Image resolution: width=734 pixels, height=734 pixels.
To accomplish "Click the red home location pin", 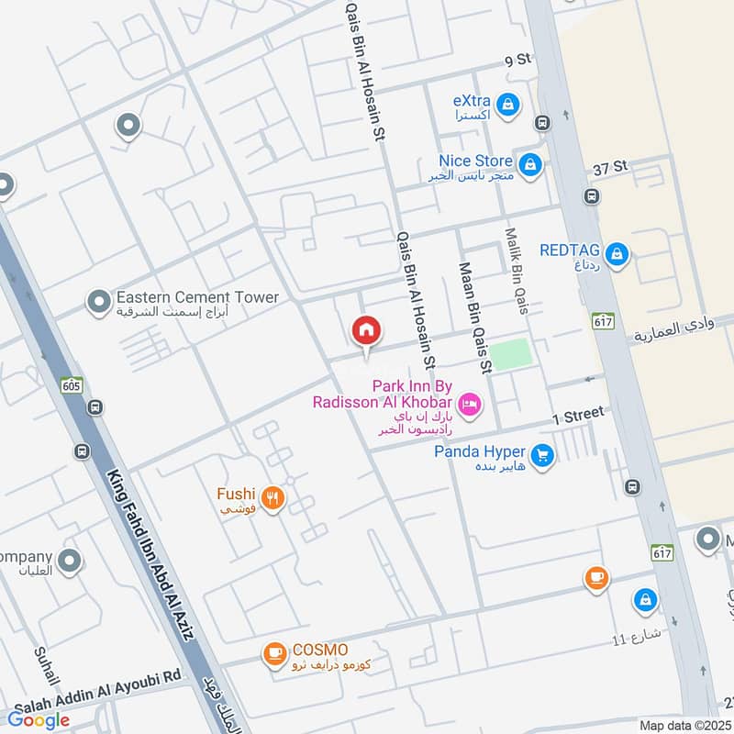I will tap(366, 330).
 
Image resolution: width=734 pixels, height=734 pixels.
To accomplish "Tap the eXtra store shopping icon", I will tap(511, 106).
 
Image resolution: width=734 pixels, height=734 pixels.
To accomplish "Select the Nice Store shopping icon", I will tap(529, 165).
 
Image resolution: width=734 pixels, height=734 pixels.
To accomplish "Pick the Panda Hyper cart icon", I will tap(542, 455).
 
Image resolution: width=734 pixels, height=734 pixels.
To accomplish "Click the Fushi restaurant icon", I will tap(272, 499).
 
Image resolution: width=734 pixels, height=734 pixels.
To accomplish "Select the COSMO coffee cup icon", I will tap(273, 653).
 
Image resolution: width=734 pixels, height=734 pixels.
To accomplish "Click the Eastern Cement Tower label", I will tap(196, 297).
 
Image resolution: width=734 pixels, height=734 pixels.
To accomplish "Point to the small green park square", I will tap(509, 354).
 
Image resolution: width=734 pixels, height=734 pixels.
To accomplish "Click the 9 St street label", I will tap(517, 61).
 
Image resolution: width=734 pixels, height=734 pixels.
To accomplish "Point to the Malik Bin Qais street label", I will tap(516, 269).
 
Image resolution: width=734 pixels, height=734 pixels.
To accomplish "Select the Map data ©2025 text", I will tap(683, 726).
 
